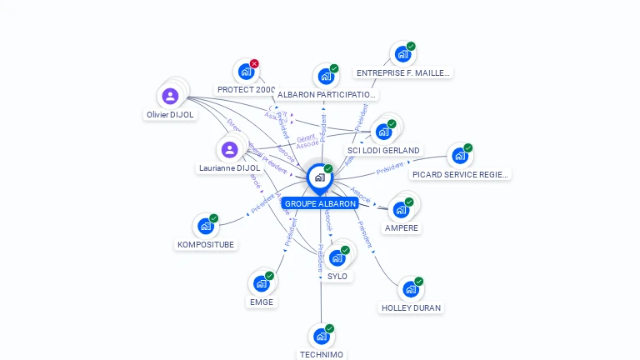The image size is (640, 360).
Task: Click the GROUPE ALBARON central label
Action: (320, 203)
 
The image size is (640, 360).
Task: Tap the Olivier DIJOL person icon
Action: (170, 96)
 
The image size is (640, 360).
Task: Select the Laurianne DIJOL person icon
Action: (229, 149)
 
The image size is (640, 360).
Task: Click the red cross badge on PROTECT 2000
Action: (254, 63)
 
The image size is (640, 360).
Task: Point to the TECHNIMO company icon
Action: (321, 337)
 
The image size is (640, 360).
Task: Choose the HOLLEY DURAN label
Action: (411, 307)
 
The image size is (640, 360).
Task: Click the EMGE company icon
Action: (261, 283)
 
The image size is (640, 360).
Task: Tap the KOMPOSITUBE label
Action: (206, 244)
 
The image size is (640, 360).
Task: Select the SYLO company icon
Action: (337, 257)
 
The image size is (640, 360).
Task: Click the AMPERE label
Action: (402, 227)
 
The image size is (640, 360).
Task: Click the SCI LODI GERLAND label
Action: (383, 150)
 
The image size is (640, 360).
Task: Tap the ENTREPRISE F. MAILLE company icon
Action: (402, 54)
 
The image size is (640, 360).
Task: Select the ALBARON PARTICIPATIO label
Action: (327, 94)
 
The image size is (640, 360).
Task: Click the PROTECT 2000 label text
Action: (246, 89)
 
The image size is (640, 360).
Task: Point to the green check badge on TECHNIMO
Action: (330, 328)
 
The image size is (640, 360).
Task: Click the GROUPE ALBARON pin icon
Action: (319, 177)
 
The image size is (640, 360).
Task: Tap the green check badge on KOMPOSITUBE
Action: (214, 218)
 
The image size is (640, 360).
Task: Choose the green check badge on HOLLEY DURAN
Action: (419, 281)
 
